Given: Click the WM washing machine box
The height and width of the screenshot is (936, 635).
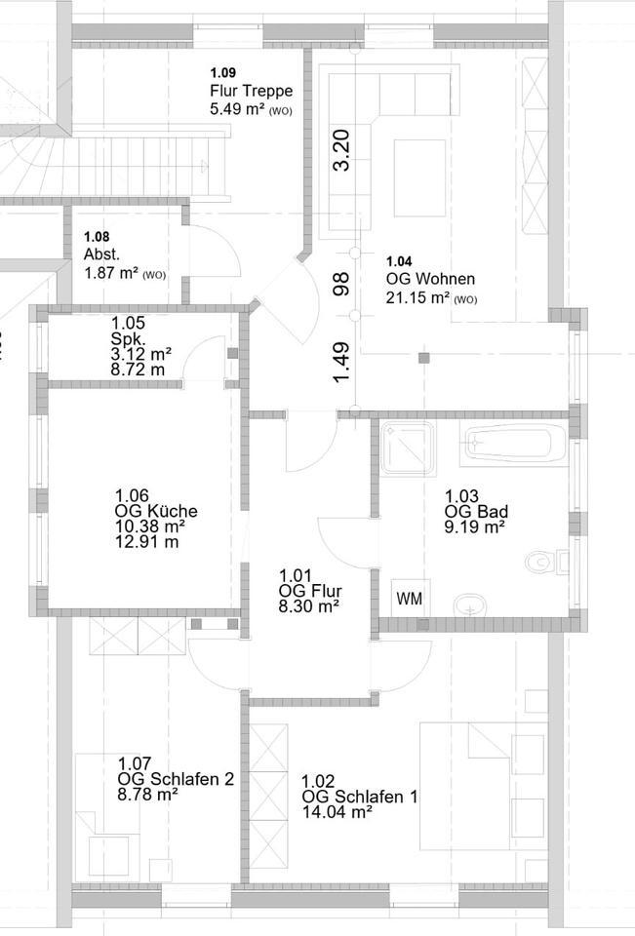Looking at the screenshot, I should [x=411, y=599].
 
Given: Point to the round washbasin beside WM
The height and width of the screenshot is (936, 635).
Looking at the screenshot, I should [x=472, y=604].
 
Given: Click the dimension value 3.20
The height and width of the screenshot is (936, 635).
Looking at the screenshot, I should [x=340, y=150].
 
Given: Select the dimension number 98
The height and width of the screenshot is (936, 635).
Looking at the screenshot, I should [x=340, y=283].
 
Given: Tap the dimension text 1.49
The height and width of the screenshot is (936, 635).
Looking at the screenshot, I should [x=340, y=363].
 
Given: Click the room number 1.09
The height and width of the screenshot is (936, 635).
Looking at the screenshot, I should [x=223, y=72].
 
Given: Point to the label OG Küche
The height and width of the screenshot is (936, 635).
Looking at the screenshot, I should [x=156, y=511].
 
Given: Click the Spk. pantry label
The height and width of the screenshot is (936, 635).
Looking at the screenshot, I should [x=127, y=338].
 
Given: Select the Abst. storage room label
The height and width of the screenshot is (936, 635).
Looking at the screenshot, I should [x=101, y=255].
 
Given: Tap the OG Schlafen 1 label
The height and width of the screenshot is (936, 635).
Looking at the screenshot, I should [x=360, y=797].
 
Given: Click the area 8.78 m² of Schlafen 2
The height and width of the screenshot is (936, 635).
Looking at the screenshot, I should [x=147, y=795].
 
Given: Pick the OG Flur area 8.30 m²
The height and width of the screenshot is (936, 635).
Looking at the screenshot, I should [x=308, y=605].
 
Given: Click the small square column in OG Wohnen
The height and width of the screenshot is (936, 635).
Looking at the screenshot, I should [x=422, y=358].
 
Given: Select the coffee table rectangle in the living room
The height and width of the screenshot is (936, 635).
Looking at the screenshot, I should [x=419, y=177].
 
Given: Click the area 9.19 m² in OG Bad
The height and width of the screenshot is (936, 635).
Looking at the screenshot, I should [x=474, y=526].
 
